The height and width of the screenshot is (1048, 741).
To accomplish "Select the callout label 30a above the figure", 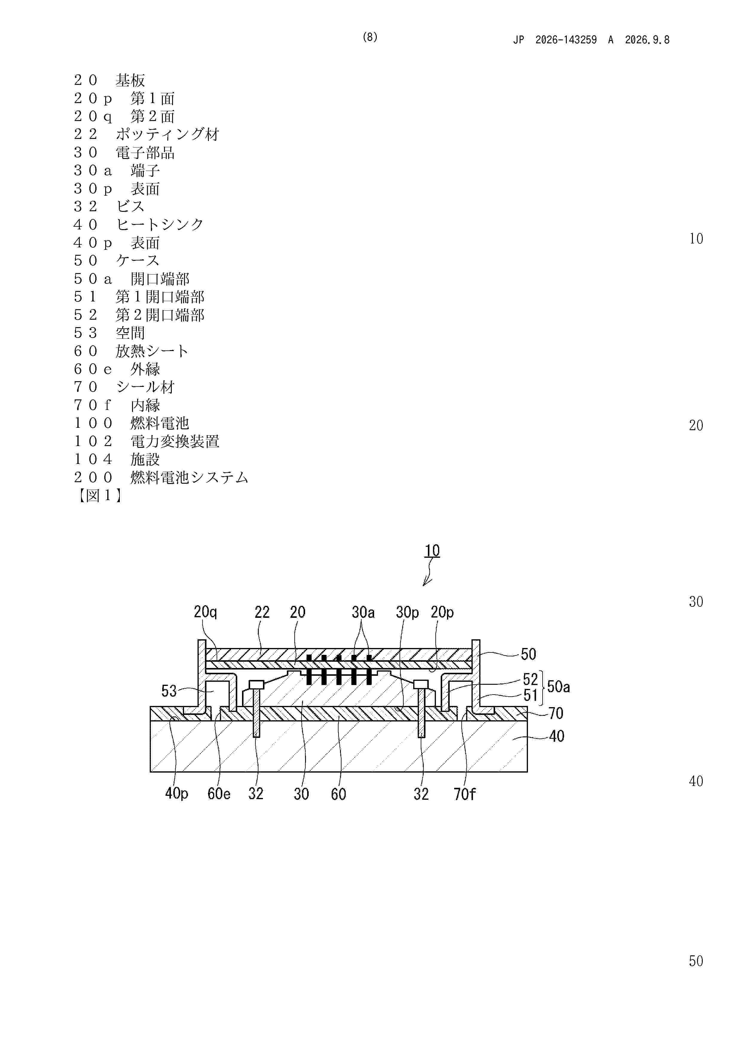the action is [x=363, y=612].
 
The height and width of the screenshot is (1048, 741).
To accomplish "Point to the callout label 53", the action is [x=169, y=691].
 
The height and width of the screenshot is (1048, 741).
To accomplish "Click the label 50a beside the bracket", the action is [x=558, y=687].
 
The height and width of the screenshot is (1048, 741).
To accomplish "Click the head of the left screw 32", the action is [x=257, y=685].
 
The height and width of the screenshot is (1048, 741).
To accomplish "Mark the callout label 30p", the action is [x=407, y=612].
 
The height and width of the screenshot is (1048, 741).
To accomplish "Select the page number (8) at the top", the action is [x=370, y=37].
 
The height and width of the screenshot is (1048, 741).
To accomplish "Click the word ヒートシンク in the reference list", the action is [x=160, y=225].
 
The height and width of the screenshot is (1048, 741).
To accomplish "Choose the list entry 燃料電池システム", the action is [x=189, y=477].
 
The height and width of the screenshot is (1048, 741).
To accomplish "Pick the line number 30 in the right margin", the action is [x=696, y=602].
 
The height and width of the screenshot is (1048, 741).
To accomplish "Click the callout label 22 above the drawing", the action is [x=262, y=612].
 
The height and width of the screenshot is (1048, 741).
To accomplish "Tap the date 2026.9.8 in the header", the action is [x=647, y=40].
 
